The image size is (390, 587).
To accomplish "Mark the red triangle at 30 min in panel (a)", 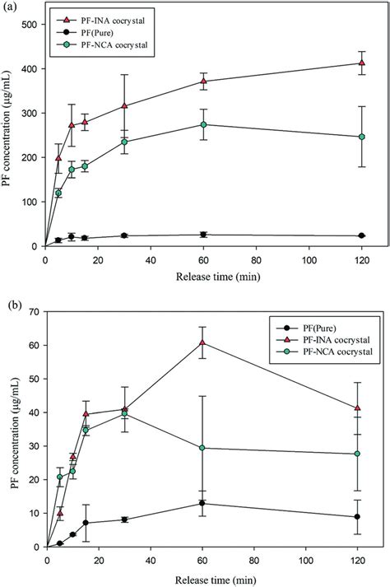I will (125, 105).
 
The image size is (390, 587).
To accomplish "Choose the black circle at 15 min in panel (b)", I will (86, 523).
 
